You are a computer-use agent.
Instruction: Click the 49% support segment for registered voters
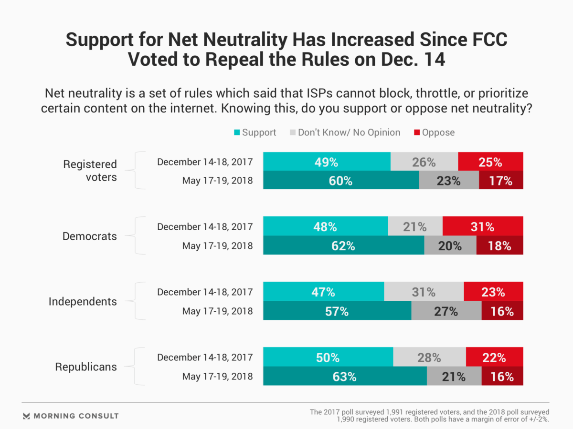click(327, 162)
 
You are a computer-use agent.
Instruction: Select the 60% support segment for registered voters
click(341, 181)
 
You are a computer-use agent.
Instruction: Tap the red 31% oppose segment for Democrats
click(483, 227)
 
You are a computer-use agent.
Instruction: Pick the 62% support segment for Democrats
click(344, 246)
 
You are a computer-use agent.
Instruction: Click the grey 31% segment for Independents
click(424, 292)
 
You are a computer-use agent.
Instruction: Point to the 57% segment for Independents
click(337, 311)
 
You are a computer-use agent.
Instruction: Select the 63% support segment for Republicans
click(345, 377)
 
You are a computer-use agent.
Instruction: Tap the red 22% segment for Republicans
click(494, 357)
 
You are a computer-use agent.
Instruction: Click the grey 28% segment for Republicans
click(429, 357)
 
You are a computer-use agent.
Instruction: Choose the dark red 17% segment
click(500, 181)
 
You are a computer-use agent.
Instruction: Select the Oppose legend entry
click(434, 133)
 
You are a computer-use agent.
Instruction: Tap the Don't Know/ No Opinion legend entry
click(345, 133)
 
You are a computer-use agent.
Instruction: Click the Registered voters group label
click(90, 171)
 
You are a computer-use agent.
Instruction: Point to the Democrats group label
click(90, 236)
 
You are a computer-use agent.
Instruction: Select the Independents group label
click(83, 302)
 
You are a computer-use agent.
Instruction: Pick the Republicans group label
click(86, 367)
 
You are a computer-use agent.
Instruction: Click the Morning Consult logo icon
click(27, 416)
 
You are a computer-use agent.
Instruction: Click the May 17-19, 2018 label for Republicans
click(217, 377)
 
